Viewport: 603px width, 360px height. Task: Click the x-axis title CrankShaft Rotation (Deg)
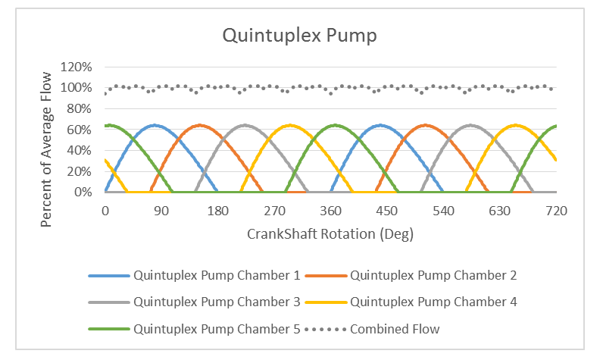coord(330,233)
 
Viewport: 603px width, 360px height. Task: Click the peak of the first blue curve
coord(155,125)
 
